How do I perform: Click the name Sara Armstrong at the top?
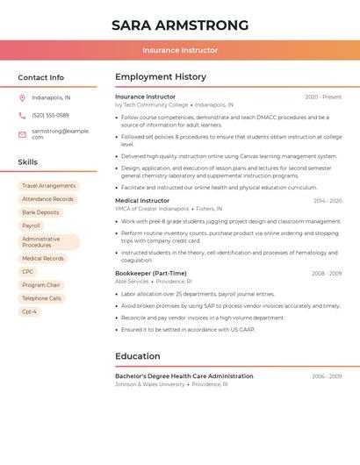[180, 25]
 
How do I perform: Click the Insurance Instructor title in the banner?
[180, 50]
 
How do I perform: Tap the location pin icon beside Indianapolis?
[22, 97]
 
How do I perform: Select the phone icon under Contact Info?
[22, 115]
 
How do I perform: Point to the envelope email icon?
[22, 133]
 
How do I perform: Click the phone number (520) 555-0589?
[50, 115]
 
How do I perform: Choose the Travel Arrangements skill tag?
[48, 186]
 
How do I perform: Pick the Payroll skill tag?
[31, 225]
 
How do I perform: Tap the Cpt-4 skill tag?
[29, 311]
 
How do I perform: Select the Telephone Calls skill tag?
[41, 298]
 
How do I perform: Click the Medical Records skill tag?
[42, 259]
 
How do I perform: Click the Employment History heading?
[161, 77]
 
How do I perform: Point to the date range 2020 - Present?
[323, 97]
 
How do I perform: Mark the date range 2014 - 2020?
[328, 201]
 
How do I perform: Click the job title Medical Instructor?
[142, 201]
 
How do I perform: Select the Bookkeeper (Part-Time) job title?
[151, 273]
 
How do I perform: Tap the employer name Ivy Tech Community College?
[151, 105]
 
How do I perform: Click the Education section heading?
[138, 356]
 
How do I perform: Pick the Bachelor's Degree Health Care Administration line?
[184, 376]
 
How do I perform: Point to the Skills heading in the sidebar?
[28, 162]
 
